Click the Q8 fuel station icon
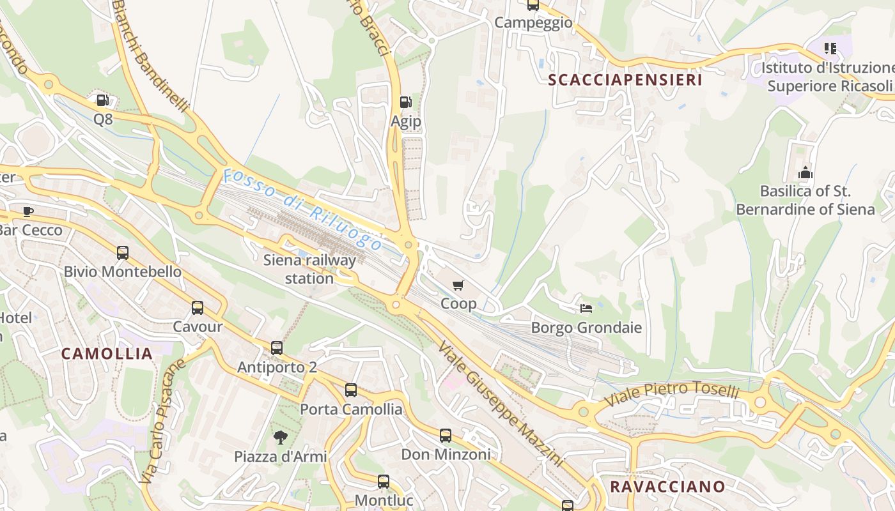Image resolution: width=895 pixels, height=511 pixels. click(x=102, y=100)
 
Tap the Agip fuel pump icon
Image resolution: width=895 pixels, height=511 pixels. click(x=405, y=102)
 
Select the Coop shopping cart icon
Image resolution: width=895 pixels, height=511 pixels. click(x=458, y=285)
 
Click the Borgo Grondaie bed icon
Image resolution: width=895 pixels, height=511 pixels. click(x=586, y=309)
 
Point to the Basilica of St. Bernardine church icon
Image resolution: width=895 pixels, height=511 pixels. click(x=805, y=172)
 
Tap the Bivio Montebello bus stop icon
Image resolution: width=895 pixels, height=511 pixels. click(x=123, y=253)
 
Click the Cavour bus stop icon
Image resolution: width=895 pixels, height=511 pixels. click(x=198, y=308)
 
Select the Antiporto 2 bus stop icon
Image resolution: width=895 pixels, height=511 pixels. click(x=277, y=348)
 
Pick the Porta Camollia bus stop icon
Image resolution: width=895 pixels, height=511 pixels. click(x=351, y=390)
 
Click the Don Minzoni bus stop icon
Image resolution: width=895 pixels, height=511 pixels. click(x=446, y=436)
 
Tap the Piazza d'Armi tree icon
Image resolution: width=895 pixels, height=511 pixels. click(x=280, y=438)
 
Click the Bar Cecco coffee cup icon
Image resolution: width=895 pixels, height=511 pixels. click(x=28, y=211)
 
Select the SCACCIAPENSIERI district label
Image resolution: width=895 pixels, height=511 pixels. click(x=625, y=80)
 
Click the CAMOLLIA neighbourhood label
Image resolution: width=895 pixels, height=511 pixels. click(x=107, y=353)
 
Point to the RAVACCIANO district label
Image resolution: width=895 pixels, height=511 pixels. click(x=667, y=486)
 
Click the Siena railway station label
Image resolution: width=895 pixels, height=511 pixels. click(x=309, y=269)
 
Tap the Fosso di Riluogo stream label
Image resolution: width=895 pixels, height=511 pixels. click(x=303, y=209)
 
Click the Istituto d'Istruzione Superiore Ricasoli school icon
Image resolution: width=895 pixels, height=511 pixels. click(x=830, y=49)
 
